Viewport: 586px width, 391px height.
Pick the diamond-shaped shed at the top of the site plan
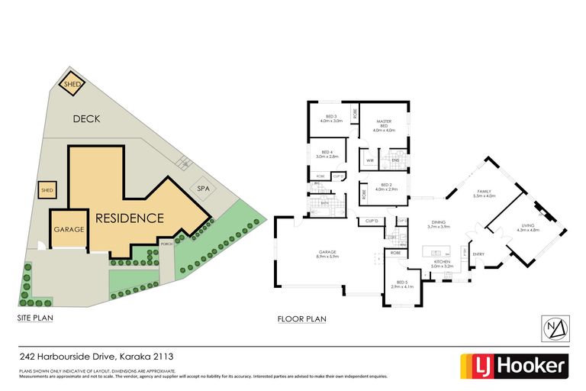click(72, 85)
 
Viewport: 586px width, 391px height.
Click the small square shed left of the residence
click(47, 190)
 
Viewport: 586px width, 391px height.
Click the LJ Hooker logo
click(513, 366)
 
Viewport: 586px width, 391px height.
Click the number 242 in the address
click(28, 355)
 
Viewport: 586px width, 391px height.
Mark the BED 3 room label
click(330, 118)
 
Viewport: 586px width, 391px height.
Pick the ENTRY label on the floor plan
click(478, 254)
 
